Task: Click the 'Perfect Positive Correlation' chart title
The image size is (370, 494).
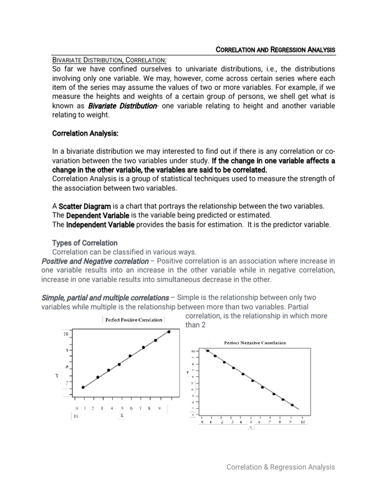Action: coord(133,320)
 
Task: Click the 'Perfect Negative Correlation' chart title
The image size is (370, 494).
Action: coord(255,343)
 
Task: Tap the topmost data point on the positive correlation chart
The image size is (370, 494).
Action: coord(169,331)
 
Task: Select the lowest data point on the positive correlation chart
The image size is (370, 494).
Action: coord(83,387)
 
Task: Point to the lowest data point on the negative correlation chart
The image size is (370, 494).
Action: coord(292,405)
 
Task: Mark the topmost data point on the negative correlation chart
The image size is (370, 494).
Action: coord(208,351)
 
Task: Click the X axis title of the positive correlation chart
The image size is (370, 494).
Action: coord(122,414)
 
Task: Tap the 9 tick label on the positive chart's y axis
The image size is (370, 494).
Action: coord(66,350)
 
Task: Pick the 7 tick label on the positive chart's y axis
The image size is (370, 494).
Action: coord(66,382)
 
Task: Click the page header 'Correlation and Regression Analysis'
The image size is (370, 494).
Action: coord(275,50)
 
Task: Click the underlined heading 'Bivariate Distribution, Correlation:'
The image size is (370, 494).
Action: coord(109,59)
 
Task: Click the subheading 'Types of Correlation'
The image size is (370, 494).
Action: coord(84,243)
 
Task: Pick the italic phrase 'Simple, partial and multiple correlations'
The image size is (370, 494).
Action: coord(105,298)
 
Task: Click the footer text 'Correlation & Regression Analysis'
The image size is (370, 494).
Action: coord(281,467)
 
